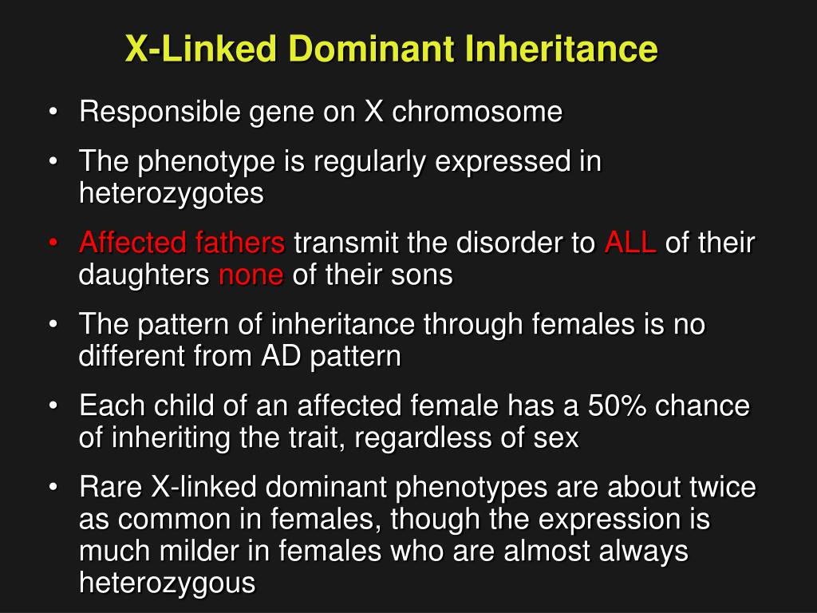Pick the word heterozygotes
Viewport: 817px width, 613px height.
coord(171,194)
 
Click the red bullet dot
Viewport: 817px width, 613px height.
coord(53,243)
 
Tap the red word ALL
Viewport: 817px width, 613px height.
coord(630,243)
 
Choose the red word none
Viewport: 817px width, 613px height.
coord(251,275)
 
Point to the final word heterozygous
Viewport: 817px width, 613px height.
coord(168,583)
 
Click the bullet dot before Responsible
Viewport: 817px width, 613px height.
coord(53,113)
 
